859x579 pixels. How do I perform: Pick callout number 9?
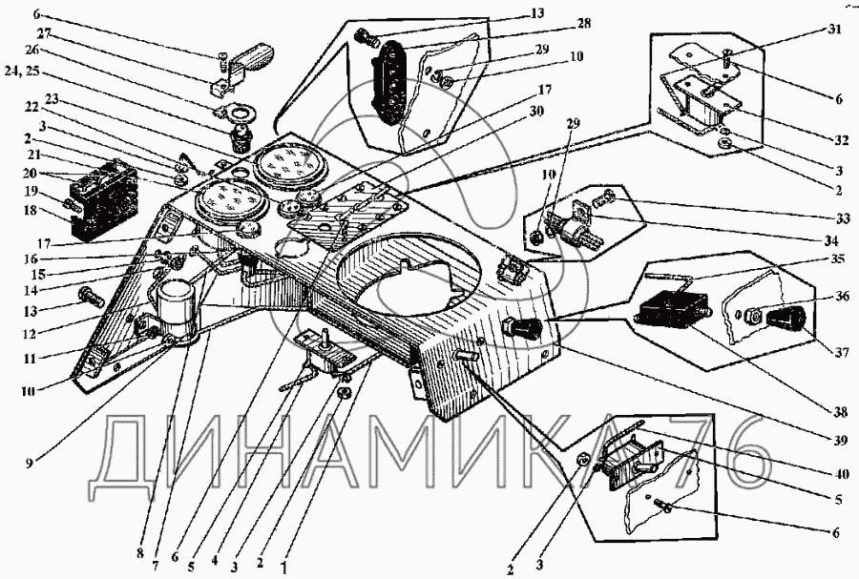(29, 463)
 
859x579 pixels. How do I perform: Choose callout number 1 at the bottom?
(283, 569)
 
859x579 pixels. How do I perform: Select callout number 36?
(843, 297)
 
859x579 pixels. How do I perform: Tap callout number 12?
(30, 334)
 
